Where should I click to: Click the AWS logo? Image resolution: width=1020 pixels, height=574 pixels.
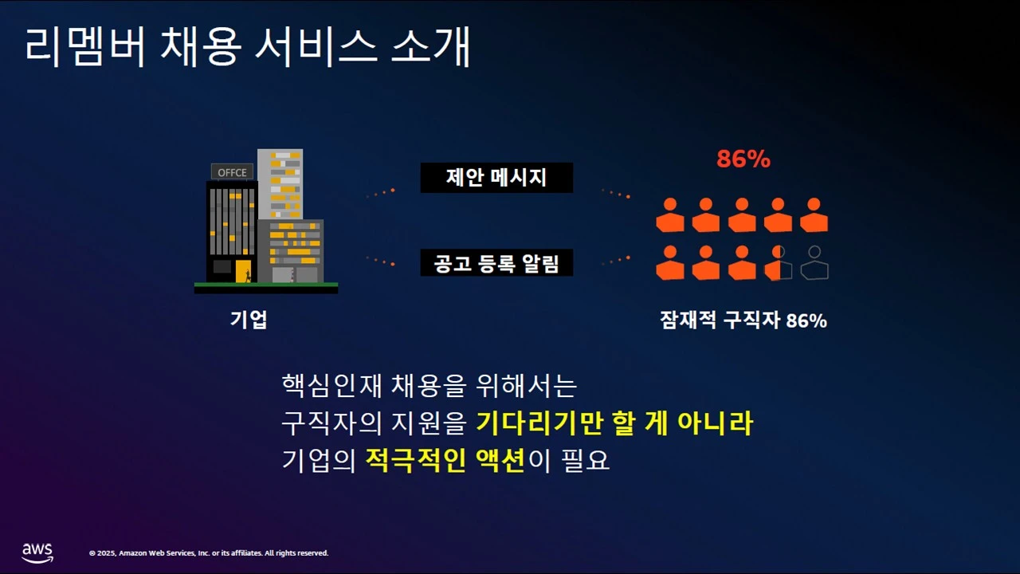[x=37, y=552]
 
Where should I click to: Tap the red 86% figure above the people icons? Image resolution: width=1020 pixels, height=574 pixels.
[x=743, y=159]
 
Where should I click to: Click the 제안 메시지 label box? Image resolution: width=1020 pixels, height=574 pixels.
[x=496, y=178]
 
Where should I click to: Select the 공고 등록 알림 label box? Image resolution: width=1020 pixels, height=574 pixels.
[x=496, y=262]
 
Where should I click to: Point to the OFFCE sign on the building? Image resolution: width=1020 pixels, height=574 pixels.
[x=233, y=172]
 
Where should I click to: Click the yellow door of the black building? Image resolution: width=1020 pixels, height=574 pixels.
[x=243, y=271]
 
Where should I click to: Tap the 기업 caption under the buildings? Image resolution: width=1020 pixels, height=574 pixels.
[x=249, y=320]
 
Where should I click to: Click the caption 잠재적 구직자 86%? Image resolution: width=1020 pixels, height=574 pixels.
[x=743, y=320]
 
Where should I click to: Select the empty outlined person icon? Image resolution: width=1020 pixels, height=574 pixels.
[x=814, y=263]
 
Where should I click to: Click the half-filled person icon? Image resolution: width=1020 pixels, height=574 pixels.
[x=779, y=263]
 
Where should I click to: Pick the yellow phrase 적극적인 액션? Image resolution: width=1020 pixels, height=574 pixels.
[x=445, y=461]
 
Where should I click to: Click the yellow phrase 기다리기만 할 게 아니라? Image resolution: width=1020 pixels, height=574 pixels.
[x=614, y=423]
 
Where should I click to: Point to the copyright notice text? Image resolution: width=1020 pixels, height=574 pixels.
[x=209, y=553]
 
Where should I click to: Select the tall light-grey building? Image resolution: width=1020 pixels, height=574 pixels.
[x=280, y=183]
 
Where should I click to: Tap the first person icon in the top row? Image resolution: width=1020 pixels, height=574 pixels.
[x=670, y=215]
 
